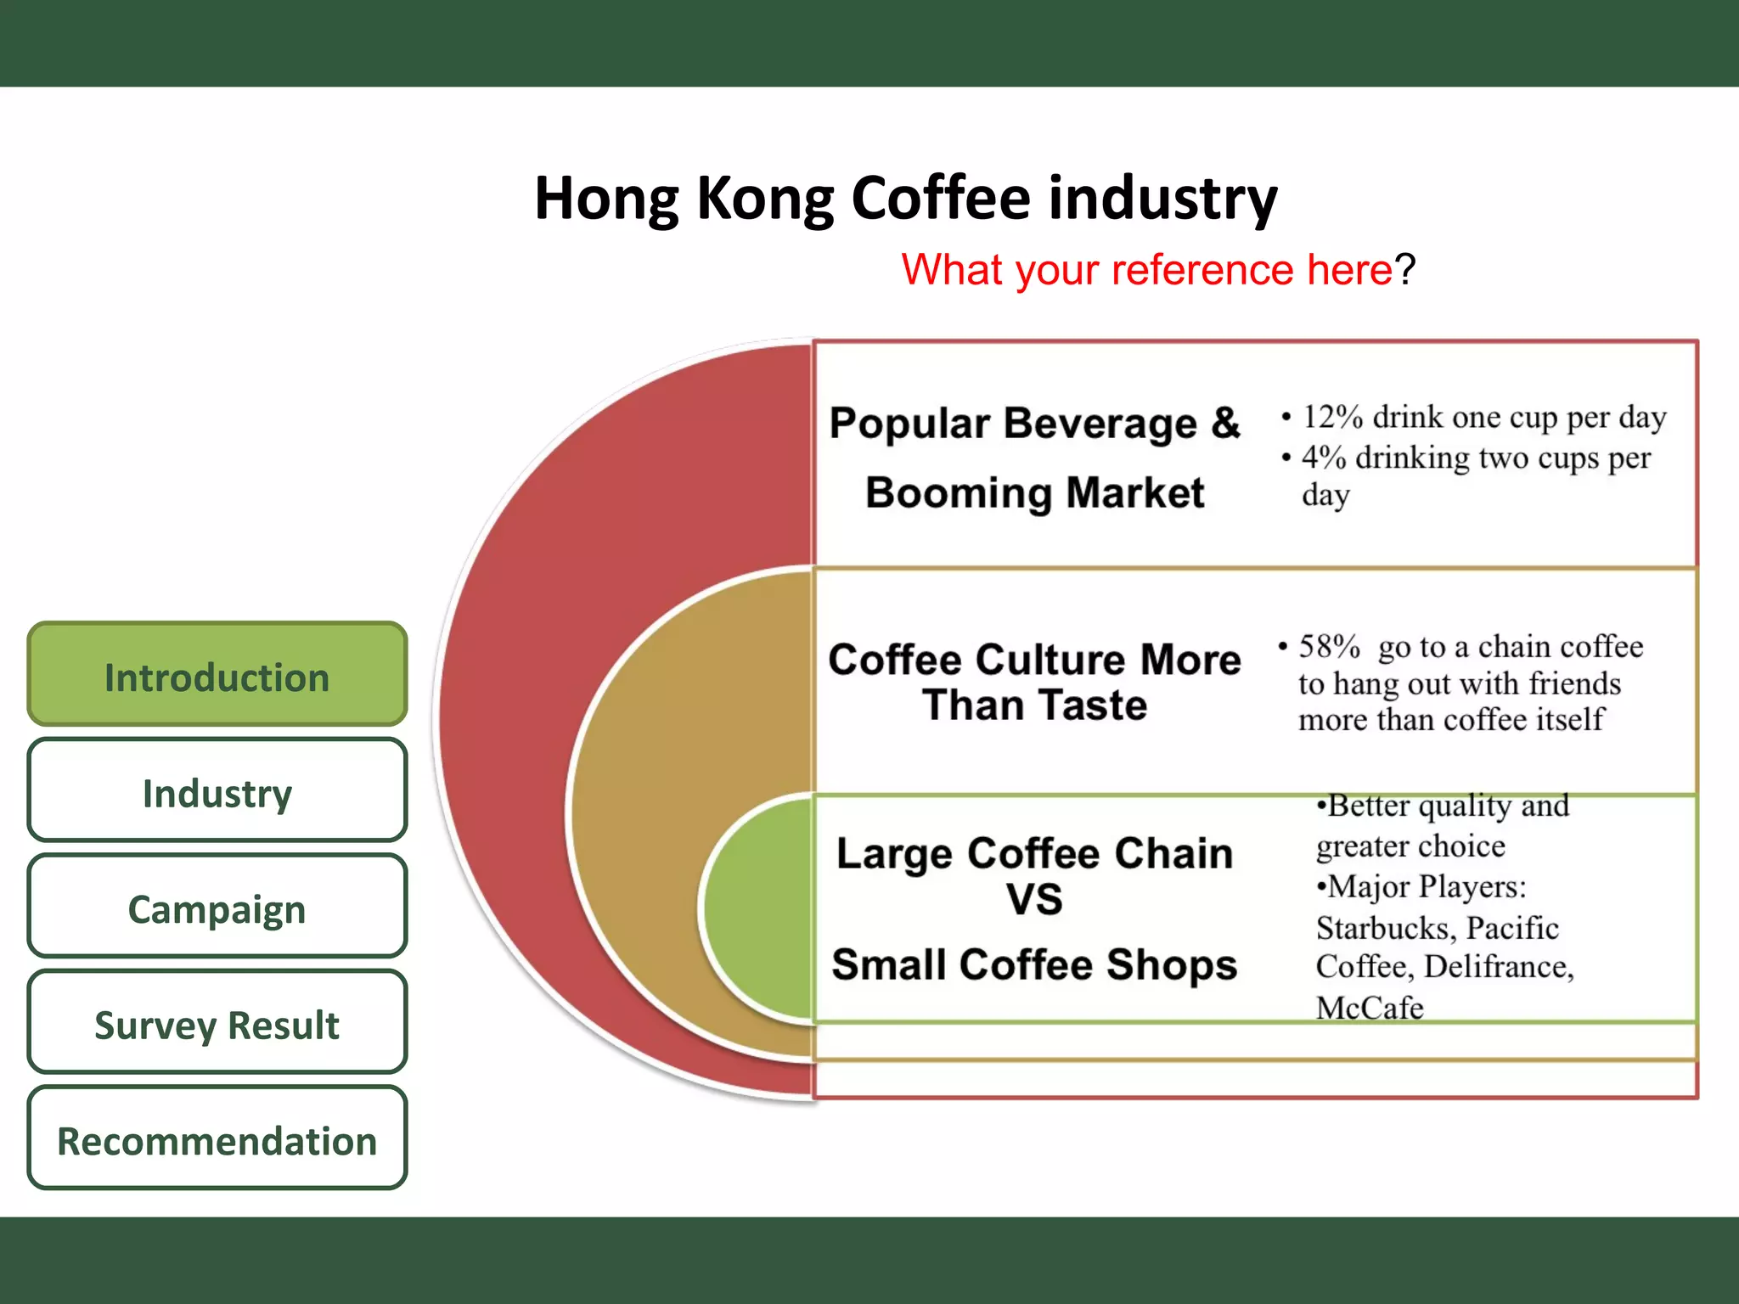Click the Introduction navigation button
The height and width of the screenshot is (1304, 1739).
217,676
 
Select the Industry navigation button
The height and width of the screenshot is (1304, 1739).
217,792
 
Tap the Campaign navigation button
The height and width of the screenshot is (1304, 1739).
217,908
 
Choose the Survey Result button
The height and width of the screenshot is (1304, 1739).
217,1024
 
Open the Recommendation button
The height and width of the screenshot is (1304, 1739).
217,1140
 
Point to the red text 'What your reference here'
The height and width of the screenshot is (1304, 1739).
1146,270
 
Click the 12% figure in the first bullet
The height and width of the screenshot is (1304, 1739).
1332,417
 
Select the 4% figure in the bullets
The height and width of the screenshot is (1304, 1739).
1323,458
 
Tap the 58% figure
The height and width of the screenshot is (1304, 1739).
1329,647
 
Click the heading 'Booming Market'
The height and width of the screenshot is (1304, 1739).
1034,493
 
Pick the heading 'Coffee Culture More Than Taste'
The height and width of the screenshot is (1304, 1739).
1034,682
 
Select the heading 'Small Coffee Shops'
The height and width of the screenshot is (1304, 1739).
1034,965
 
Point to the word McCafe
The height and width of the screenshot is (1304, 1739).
1369,1008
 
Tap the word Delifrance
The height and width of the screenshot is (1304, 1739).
1499,967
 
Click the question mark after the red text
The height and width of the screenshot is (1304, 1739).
1406,270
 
